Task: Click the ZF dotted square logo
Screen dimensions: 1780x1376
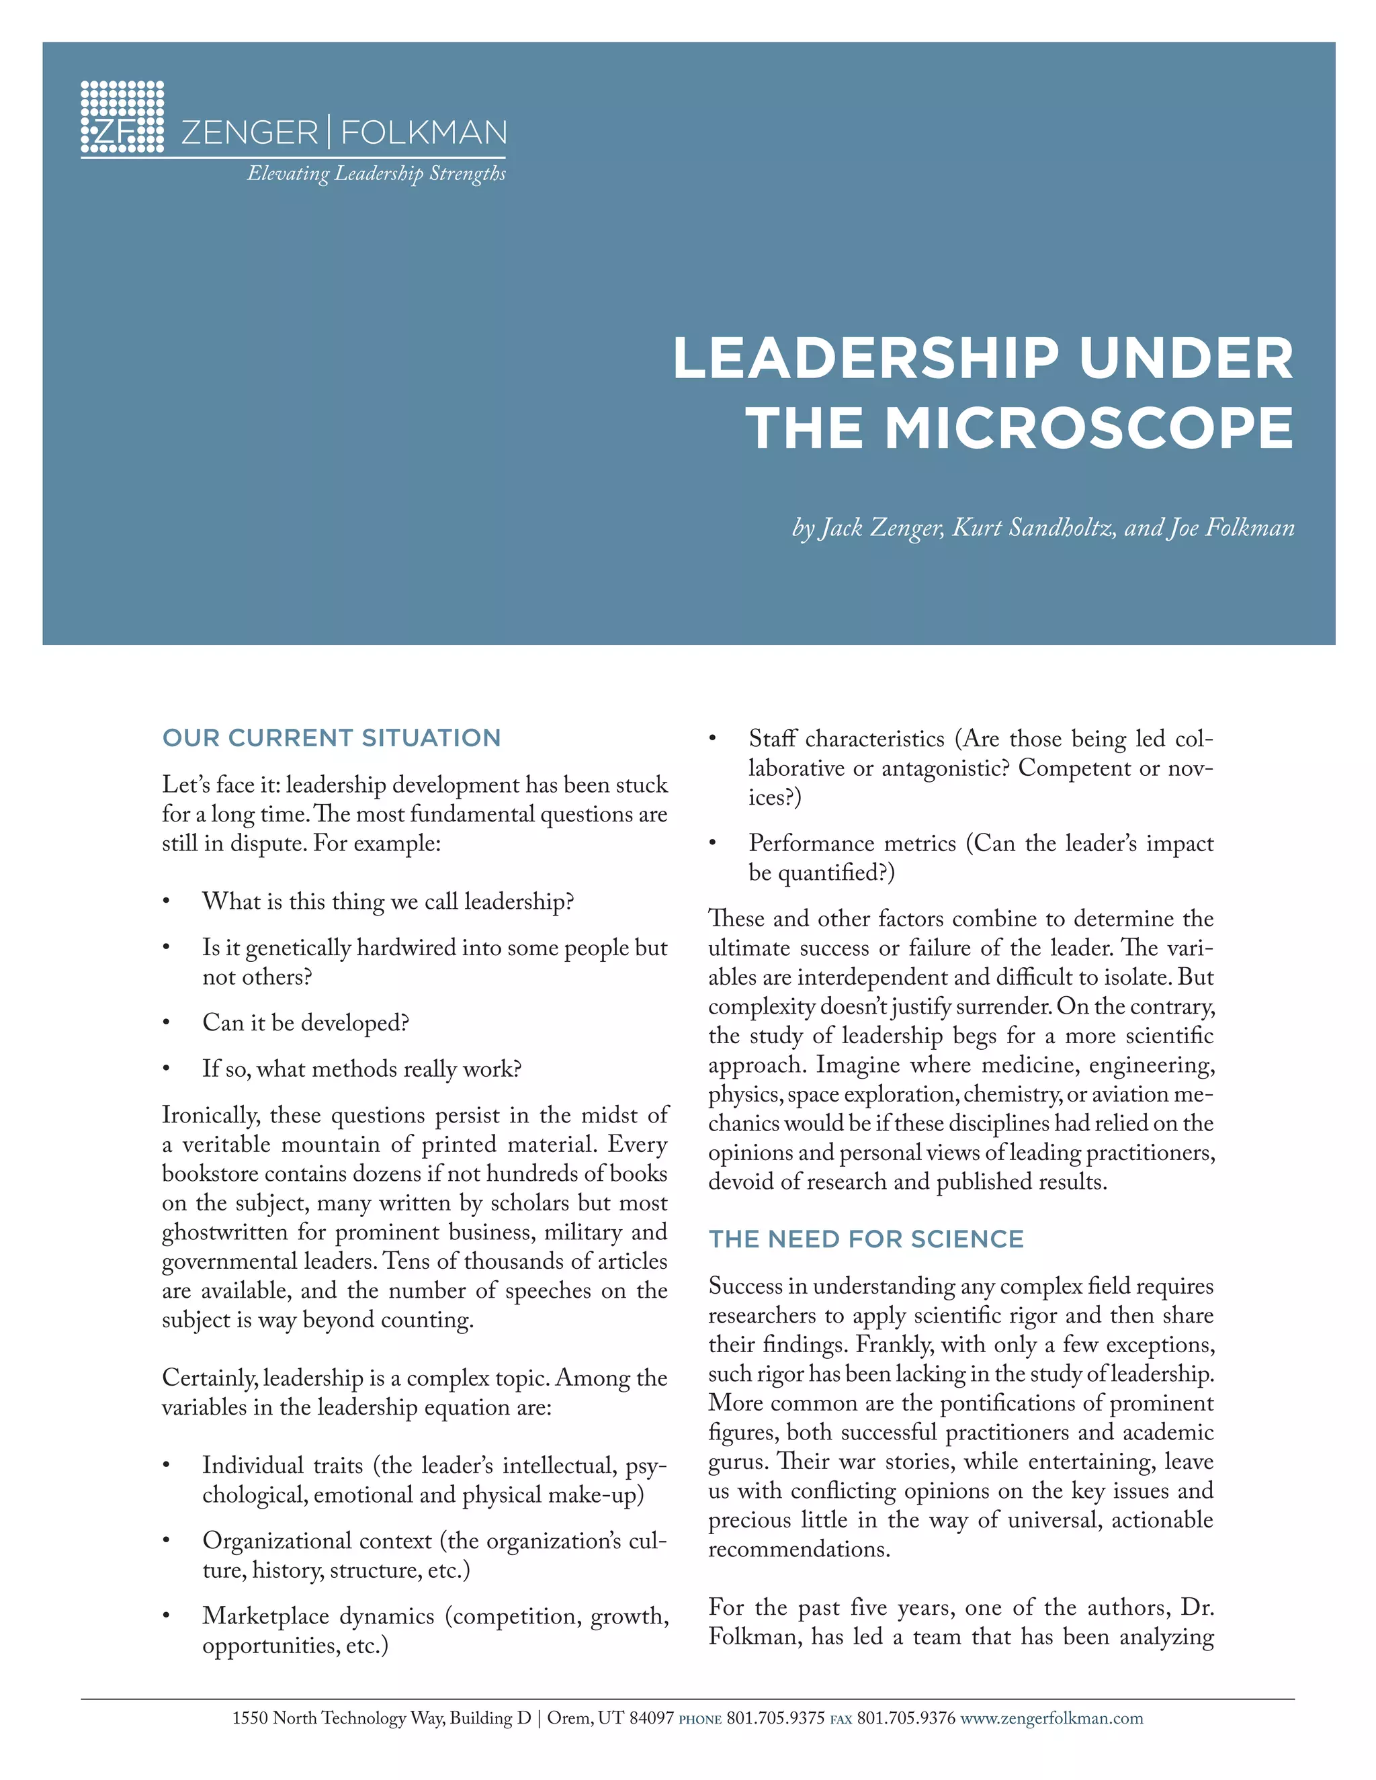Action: click(122, 118)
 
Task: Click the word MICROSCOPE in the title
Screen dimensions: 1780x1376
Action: click(1089, 429)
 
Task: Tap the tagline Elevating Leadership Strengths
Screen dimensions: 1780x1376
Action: click(377, 173)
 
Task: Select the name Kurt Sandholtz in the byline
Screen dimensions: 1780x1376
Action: click(1033, 528)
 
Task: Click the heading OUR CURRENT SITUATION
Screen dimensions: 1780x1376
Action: click(331, 738)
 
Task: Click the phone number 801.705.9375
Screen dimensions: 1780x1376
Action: click(775, 1719)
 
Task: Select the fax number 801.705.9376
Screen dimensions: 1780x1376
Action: click(906, 1719)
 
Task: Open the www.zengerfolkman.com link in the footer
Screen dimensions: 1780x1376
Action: click(1051, 1719)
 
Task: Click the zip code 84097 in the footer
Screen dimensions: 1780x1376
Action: click(651, 1719)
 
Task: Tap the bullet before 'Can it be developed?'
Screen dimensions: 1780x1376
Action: click(167, 1024)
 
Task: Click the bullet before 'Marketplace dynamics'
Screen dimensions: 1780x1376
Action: click(167, 1617)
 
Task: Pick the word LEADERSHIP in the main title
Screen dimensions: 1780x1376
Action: click(865, 359)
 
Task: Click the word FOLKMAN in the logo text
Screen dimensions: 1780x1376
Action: click(424, 132)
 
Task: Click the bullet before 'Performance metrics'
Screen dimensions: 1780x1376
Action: click(712, 844)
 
